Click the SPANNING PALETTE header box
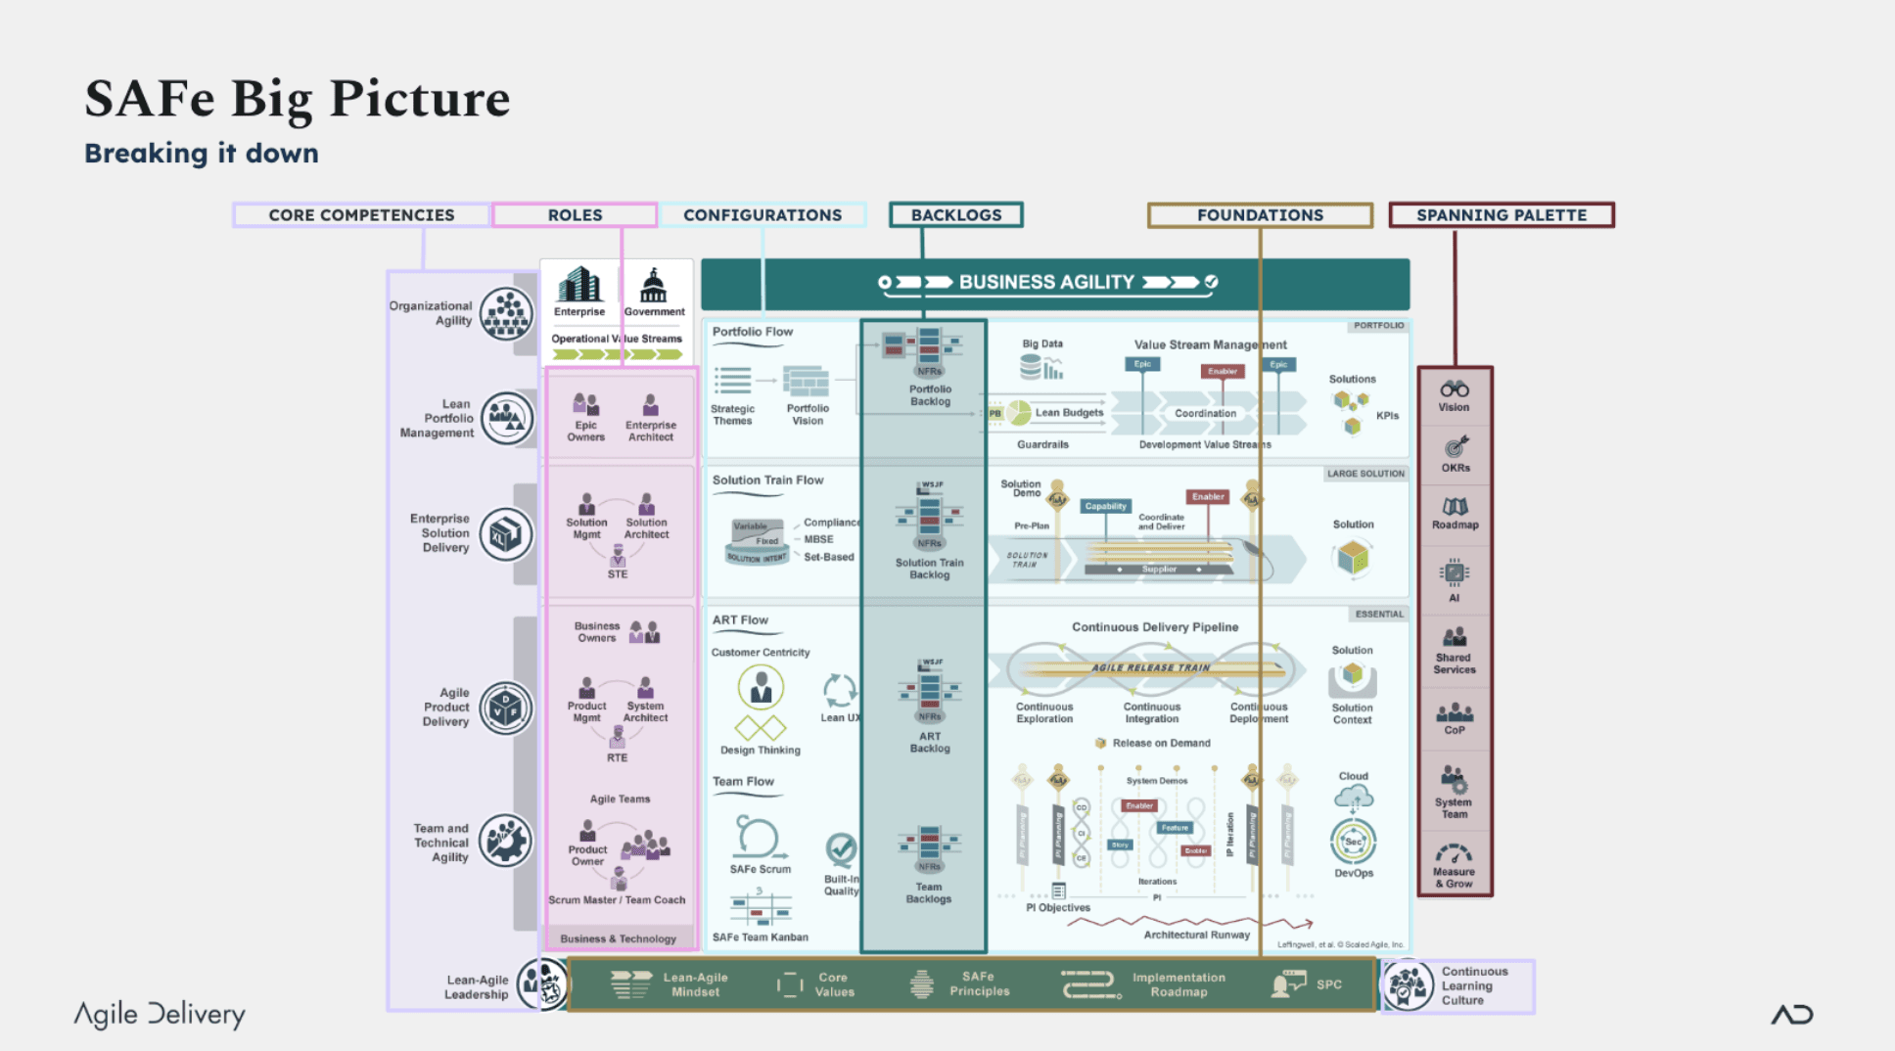tap(1501, 215)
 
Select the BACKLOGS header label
tap(955, 215)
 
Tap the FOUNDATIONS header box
tap(1259, 215)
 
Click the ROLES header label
tap(575, 215)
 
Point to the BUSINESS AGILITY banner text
tap(1045, 283)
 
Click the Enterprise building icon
tap(578, 285)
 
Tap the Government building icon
tap(653, 286)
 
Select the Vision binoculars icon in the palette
tap(1454, 388)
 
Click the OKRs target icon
tap(1455, 447)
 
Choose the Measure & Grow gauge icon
tap(1454, 853)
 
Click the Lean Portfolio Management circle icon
tap(506, 419)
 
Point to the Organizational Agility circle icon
tap(506, 314)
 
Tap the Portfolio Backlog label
tap(929, 395)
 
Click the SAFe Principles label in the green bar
tap(978, 984)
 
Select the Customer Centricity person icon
tap(761, 687)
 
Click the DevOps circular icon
tap(1353, 842)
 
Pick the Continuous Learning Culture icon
tap(1408, 984)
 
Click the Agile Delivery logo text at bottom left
tap(160, 1015)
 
